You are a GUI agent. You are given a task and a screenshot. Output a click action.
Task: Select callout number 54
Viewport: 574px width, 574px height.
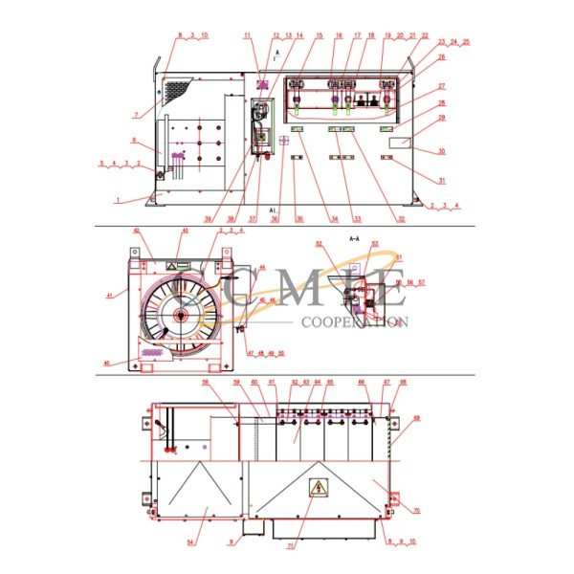[x=189, y=541]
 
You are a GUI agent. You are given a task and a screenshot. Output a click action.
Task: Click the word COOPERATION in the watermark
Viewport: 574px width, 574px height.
[x=354, y=322]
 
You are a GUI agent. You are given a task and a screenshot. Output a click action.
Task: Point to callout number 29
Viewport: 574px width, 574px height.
[x=441, y=118]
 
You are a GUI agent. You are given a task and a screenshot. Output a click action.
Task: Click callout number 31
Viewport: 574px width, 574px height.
[x=441, y=180]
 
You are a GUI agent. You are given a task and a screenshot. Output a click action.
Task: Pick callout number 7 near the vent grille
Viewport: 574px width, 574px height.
[x=135, y=115]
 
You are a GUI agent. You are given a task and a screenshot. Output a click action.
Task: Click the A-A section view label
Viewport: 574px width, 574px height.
[x=354, y=237]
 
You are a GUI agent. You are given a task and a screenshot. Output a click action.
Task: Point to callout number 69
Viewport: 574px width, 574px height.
[x=443, y=418]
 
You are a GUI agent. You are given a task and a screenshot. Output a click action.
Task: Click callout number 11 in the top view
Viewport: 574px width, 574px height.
[x=246, y=35]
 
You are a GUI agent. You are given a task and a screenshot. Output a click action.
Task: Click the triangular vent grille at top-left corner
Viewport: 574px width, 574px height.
[x=177, y=92]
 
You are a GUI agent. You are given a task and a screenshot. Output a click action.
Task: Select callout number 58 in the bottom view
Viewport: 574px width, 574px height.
[x=205, y=383]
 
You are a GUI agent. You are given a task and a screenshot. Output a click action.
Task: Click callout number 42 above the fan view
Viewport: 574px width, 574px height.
[x=136, y=231]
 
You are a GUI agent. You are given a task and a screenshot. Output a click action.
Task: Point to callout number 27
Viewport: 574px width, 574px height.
[x=441, y=86]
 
